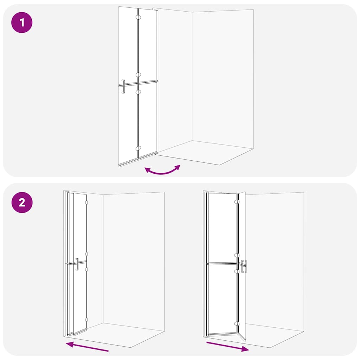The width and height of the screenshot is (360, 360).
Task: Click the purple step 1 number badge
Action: click(x=22, y=22)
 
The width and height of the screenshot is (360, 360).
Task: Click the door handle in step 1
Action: click(x=123, y=86)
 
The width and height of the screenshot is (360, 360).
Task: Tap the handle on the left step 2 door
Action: click(x=77, y=264)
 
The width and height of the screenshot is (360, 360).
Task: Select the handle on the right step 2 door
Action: click(x=244, y=266)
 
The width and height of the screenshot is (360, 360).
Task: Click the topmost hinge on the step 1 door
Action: click(x=138, y=17)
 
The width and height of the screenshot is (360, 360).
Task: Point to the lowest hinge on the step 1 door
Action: click(x=138, y=148)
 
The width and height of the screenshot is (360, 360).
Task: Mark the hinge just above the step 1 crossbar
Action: click(x=138, y=75)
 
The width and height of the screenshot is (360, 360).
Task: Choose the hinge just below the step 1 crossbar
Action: click(x=138, y=92)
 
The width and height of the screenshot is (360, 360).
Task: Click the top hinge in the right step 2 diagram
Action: click(x=237, y=202)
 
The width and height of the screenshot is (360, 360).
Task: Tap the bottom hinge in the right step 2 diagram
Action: click(x=237, y=324)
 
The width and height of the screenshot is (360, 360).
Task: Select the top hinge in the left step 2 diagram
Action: click(x=86, y=203)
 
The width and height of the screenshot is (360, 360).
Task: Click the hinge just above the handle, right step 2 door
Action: click(x=237, y=255)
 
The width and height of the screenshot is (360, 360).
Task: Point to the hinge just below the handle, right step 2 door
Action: click(x=237, y=271)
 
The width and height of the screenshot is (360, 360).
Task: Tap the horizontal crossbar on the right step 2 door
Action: click(x=222, y=263)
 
